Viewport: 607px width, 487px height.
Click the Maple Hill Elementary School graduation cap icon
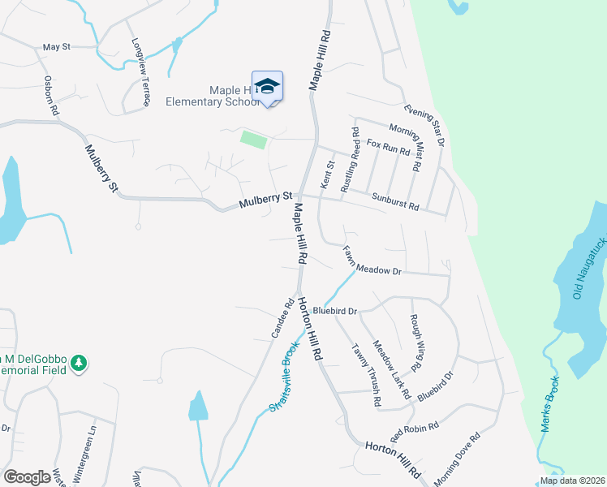267,87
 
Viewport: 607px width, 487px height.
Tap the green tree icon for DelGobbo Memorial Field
79,361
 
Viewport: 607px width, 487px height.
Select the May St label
57,48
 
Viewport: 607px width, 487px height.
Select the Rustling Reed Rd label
350,159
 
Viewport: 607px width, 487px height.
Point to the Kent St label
329,176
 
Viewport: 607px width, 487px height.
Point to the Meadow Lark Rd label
391,370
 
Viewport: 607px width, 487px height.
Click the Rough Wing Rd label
415,342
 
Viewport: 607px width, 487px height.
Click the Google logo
27,476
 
